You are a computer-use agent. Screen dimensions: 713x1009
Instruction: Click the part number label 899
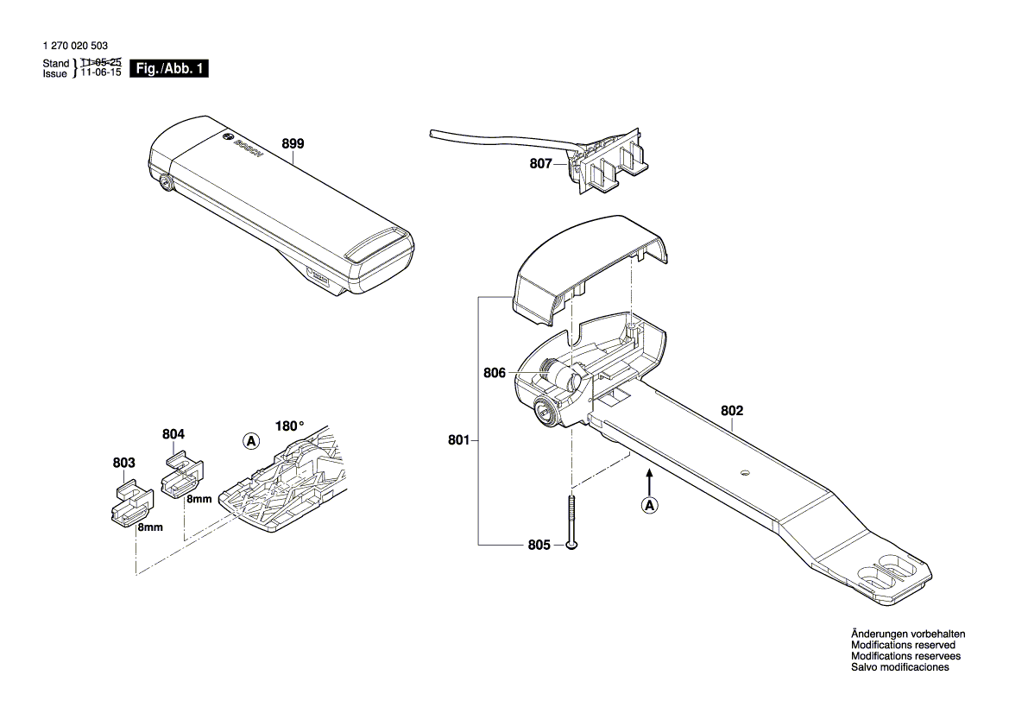(293, 144)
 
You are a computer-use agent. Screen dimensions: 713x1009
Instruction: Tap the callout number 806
(494, 374)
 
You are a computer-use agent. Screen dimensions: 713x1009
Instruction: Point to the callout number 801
(458, 441)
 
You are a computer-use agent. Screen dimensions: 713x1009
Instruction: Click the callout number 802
(732, 412)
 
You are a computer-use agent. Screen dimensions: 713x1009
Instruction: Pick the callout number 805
(539, 545)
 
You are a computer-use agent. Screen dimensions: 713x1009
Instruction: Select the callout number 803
(124, 464)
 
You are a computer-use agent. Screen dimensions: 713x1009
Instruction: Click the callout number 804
(173, 434)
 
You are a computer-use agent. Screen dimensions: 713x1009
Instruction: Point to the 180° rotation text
(289, 426)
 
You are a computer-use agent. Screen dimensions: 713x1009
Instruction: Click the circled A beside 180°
(250, 441)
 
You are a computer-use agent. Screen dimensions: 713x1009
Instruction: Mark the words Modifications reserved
(903, 645)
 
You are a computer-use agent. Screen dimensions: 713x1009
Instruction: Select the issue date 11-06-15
(101, 74)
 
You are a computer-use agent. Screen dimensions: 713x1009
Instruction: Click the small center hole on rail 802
(744, 472)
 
